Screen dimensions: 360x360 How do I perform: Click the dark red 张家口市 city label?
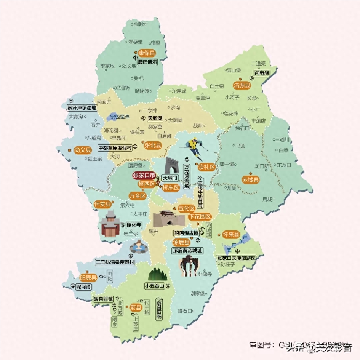pyautogui.click(x=144, y=176)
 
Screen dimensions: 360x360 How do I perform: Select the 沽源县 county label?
pyautogui.click(x=242, y=85)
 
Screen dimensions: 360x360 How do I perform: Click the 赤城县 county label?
pyautogui.click(x=251, y=180)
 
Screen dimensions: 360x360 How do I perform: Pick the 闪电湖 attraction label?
pyautogui.click(x=262, y=73)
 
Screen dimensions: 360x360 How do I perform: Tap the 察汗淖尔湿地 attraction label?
pyautogui.click(x=82, y=108)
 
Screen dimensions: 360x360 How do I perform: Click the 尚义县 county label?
pyautogui.click(x=83, y=150)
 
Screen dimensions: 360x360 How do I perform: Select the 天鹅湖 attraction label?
pyautogui.click(x=155, y=118)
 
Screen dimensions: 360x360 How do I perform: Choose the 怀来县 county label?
pyautogui.click(x=231, y=234)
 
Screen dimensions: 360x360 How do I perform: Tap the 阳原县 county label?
pyautogui.click(x=88, y=278)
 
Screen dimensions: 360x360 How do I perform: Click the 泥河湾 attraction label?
pyautogui.click(x=83, y=286)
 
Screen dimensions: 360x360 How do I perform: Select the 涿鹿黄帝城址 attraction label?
pyautogui.click(x=187, y=251)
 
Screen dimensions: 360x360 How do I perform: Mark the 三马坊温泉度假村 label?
pyautogui.click(x=115, y=262)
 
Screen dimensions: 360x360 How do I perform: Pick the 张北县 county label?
pyautogui.click(x=152, y=145)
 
